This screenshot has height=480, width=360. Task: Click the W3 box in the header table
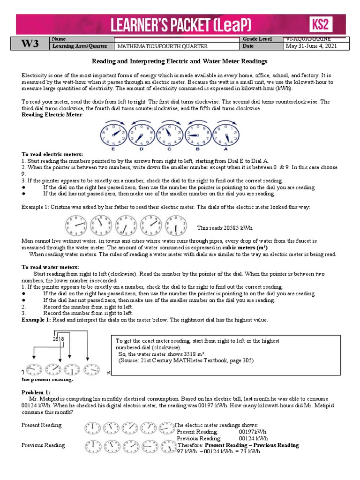(29, 43)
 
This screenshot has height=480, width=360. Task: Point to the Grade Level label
(259, 39)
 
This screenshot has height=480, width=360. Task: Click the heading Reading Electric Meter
(52, 114)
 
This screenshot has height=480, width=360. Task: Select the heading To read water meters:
(45, 267)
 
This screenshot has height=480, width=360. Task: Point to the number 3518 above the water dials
(58, 339)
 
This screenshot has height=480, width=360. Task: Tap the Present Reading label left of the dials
(41, 425)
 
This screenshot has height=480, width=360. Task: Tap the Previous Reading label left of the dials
(43, 445)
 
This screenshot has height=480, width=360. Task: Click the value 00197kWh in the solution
(253, 431)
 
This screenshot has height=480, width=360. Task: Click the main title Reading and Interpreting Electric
(180, 61)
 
